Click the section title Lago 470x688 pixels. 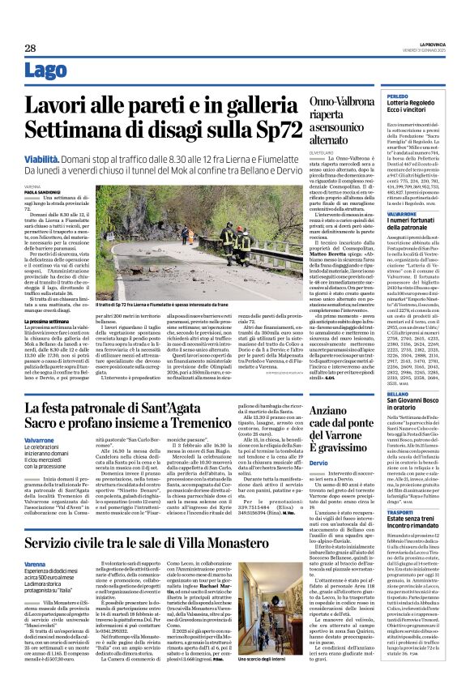(47, 71)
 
